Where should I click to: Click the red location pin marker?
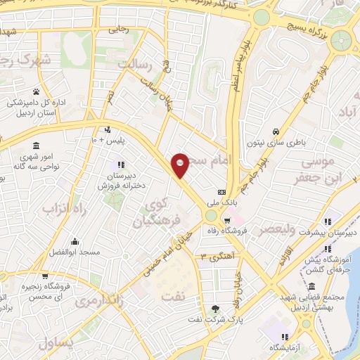click(180, 165)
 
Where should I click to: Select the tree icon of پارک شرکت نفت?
click(215, 309)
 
